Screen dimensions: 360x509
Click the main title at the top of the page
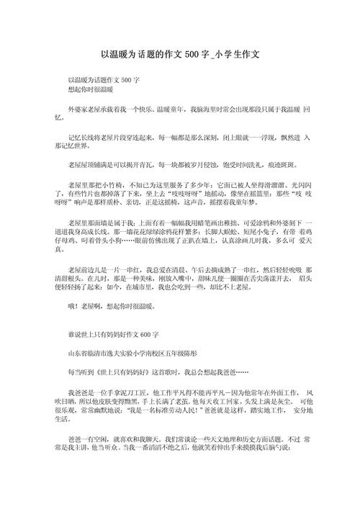(x=180, y=54)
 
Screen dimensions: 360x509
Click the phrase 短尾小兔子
(x=262, y=233)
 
